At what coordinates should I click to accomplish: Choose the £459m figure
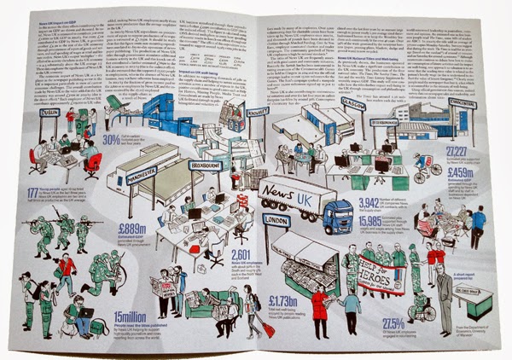click(459, 172)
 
